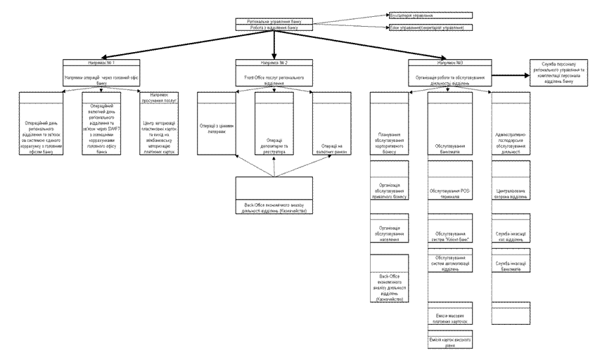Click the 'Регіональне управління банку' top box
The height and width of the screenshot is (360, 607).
coord(274,22)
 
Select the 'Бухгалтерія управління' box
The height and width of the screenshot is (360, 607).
coord(430,14)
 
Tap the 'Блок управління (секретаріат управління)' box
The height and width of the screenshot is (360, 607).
coord(430,28)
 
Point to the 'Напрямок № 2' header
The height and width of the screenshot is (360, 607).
coord(274,63)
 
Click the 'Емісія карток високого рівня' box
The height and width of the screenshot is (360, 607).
coord(451,340)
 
